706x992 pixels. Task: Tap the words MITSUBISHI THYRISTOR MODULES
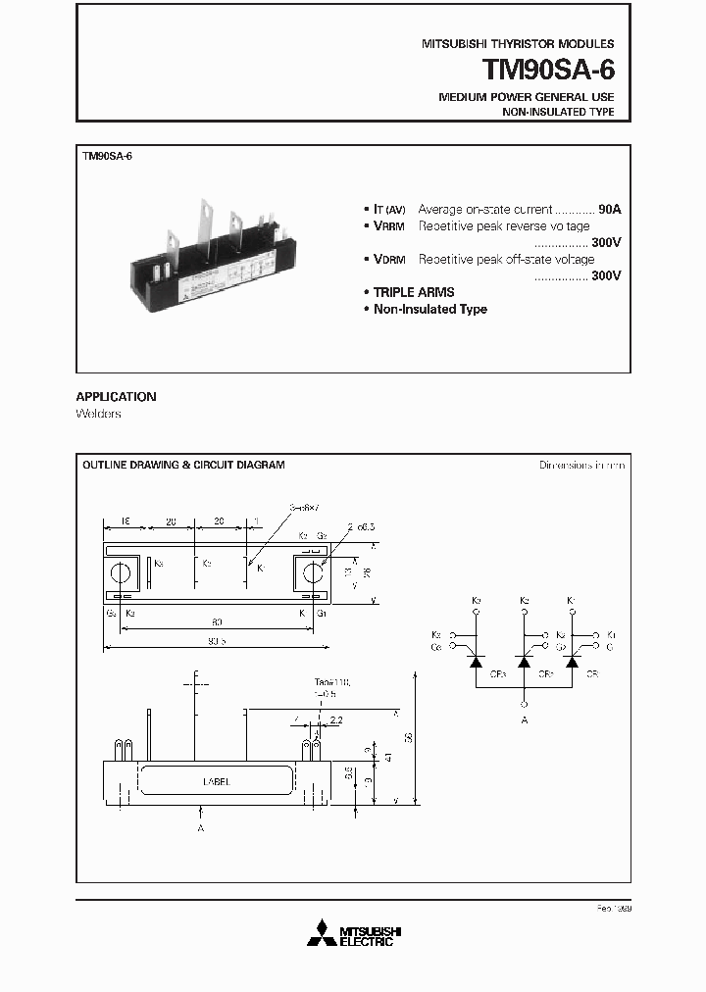(x=518, y=44)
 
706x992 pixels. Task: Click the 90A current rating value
(x=609, y=210)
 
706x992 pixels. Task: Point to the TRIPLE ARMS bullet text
(x=413, y=292)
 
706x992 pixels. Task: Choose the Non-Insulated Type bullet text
(x=429, y=309)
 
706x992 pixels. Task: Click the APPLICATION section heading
(x=116, y=397)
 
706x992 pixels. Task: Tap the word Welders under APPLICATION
(x=98, y=414)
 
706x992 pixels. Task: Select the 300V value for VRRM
(x=606, y=242)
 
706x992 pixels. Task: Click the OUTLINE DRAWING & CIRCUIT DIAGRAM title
(x=183, y=465)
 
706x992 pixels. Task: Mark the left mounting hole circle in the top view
(x=123, y=572)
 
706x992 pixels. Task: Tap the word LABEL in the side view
(x=216, y=782)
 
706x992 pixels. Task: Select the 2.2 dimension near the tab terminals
(x=336, y=720)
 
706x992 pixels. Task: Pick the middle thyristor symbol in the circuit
(x=524, y=663)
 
